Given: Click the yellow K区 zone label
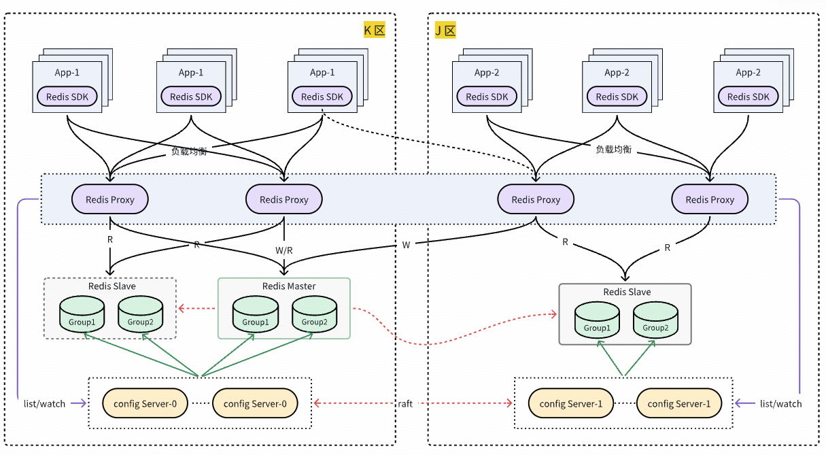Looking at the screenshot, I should tap(375, 30).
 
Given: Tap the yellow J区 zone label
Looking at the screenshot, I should tap(445, 30).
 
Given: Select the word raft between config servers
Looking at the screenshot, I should tap(405, 403).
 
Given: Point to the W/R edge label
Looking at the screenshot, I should tap(284, 250).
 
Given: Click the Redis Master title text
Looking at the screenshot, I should tap(289, 286).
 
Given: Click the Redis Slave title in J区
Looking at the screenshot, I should tap(627, 292).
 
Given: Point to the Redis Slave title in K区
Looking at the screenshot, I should tap(112, 286).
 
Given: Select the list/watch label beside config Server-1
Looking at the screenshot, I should tap(780, 403).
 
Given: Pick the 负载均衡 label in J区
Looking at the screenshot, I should tap(613, 149).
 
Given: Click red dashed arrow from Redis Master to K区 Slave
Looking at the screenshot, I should tap(196, 308).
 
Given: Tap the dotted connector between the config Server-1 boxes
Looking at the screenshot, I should tap(625, 403).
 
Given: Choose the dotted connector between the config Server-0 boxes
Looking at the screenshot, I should tap(199, 403).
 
